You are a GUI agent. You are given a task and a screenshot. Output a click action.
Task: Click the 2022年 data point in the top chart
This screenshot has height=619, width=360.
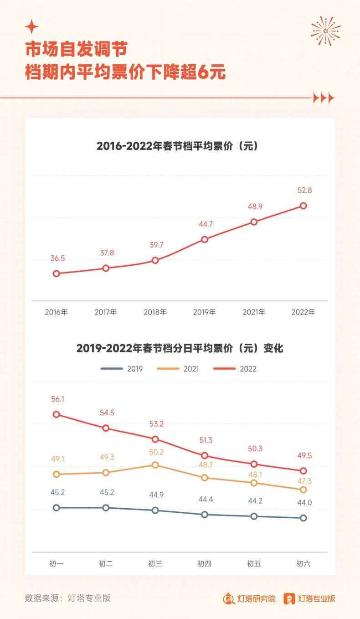click(x=303, y=206)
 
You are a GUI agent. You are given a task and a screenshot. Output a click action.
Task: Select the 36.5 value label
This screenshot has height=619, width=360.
click(x=58, y=258)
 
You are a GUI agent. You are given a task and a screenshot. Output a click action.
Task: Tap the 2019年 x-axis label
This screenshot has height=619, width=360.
click(x=205, y=312)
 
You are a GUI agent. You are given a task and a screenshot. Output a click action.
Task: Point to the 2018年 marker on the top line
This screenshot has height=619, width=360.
click(x=155, y=260)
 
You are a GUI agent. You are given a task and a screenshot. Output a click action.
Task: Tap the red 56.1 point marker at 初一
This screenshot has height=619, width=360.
click(x=57, y=414)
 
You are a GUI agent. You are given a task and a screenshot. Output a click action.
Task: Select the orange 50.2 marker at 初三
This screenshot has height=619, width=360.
click(x=155, y=465)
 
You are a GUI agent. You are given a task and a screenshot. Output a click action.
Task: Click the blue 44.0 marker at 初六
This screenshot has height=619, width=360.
click(x=303, y=518)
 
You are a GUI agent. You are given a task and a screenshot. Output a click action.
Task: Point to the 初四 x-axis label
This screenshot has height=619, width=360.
click(x=205, y=564)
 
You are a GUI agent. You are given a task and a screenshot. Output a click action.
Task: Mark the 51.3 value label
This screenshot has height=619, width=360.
click(x=206, y=440)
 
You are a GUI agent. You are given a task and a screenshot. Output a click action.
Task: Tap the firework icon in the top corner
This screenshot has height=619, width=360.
click(x=325, y=31)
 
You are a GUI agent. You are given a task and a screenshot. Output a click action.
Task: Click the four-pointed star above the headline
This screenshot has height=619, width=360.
click(x=31, y=27)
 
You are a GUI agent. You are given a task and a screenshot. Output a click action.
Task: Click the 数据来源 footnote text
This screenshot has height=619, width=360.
click(x=67, y=598)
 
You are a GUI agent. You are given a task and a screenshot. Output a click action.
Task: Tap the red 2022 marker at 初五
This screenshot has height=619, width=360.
click(x=254, y=464)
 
